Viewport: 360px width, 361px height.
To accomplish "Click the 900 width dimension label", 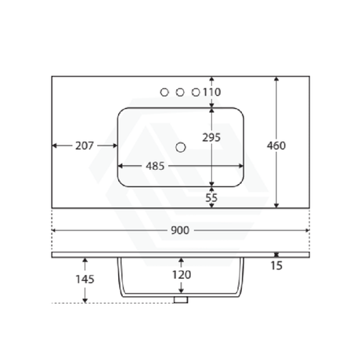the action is click(180, 230).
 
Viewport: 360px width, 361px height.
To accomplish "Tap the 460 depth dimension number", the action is click(276, 146).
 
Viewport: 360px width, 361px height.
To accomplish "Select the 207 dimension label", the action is click(85, 146).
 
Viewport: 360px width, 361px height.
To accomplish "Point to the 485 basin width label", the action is click(155, 166).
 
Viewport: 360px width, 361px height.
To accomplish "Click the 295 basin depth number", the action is click(211, 137).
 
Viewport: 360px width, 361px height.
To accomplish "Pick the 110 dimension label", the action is click(212, 92).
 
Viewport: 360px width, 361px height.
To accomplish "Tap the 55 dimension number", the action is click(211, 198).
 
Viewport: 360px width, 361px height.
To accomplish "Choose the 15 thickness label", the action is click(276, 265).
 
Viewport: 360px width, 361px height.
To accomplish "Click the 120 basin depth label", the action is click(182, 275).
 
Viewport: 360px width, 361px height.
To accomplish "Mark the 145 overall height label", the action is click(85, 280).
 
